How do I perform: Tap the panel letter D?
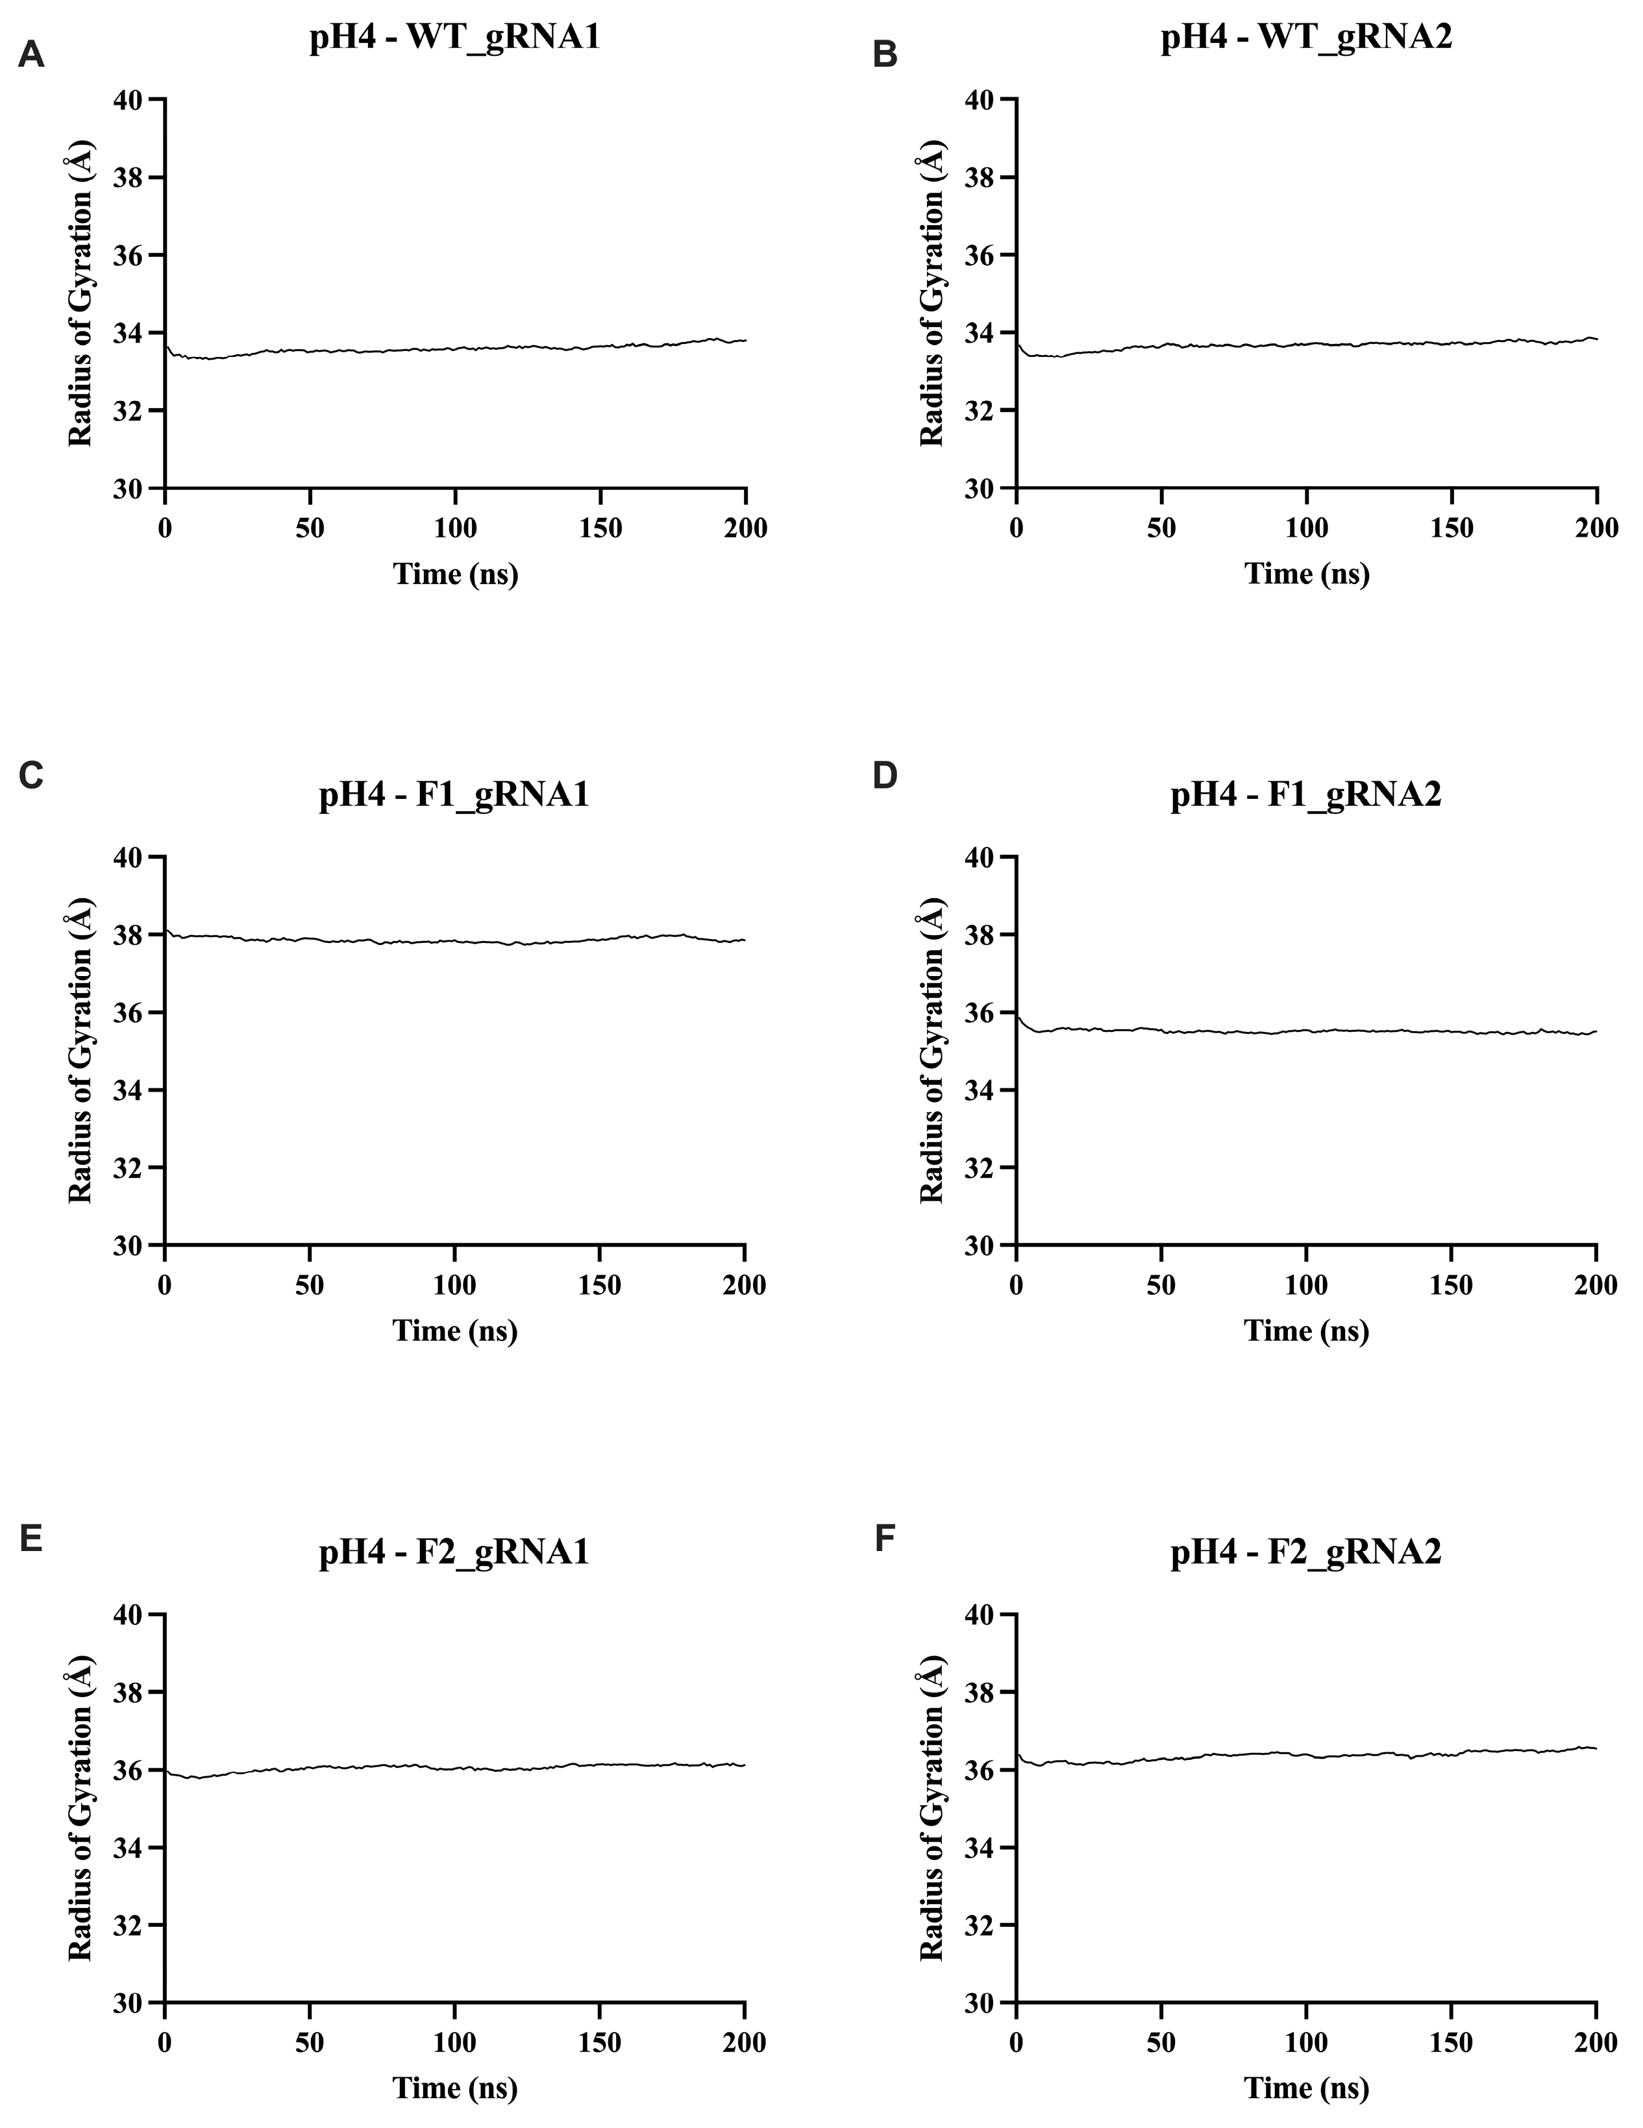[x=885, y=775]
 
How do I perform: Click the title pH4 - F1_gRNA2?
[x=1306, y=795]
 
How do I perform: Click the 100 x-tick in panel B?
[x=1306, y=529]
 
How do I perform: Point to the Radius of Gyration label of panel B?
[x=932, y=293]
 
